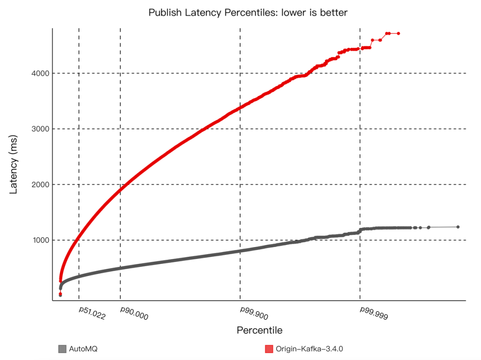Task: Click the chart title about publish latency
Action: (x=248, y=12)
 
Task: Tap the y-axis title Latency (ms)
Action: (x=13, y=165)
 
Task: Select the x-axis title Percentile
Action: (x=260, y=330)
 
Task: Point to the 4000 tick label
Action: (x=40, y=73)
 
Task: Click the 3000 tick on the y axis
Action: (x=40, y=129)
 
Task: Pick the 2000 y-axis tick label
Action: (x=40, y=185)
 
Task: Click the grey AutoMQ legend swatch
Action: (x=62, y=349)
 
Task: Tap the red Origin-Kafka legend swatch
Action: (x=269, y=349)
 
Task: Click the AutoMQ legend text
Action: (x=83, y=349)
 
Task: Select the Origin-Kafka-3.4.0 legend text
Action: (x=309, y=349)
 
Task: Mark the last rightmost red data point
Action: (x=399, y=33)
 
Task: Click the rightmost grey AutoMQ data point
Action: (x=458, y=227)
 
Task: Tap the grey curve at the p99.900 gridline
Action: (x=240, y=251)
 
